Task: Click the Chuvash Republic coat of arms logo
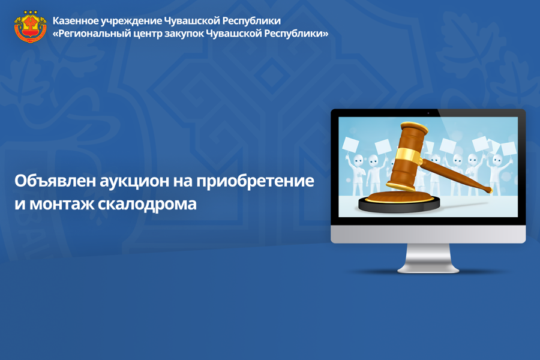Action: (31, 27)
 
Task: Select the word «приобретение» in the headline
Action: (255, 181)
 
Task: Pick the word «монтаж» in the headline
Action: (61, 205)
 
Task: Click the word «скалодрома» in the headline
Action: (147, 204)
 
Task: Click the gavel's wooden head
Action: (409, 155)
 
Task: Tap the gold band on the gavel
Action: (409, 157)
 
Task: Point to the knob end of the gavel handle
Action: (488, 189)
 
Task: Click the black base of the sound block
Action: (400, 206)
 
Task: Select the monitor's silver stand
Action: (428, 258)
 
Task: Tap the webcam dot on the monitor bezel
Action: (428, 113)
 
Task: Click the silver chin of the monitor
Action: (428, 234)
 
